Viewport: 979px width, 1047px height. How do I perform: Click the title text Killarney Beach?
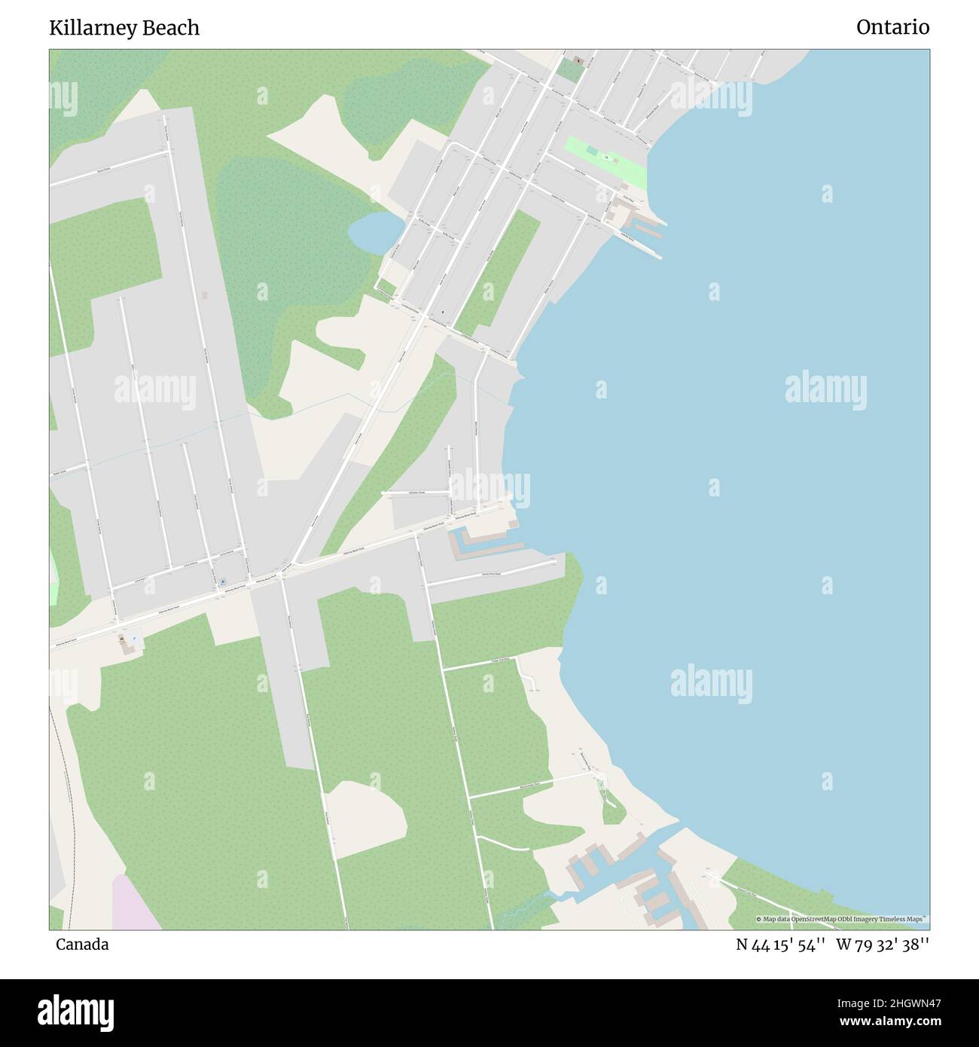point(124,28)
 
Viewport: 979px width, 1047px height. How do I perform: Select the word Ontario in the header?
point(892,28)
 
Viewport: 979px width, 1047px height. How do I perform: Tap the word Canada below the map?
point(82,945)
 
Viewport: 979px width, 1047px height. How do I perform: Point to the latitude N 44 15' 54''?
point(781,945)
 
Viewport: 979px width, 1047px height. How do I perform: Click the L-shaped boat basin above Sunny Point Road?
point(482,545)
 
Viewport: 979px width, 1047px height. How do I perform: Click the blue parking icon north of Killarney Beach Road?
point(223,581)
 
